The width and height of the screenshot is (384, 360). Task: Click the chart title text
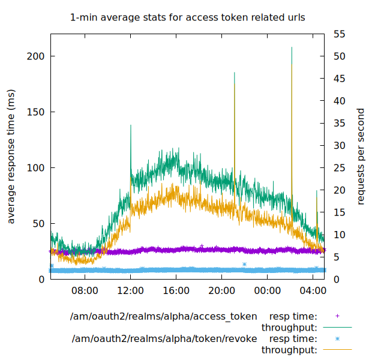(188, 17)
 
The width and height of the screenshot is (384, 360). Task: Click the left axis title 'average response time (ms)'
(11, 156)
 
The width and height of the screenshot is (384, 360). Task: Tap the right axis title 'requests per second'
(361, 156)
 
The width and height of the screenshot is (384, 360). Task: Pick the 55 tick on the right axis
(339, 34)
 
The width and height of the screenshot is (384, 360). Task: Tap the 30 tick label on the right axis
(339, 145)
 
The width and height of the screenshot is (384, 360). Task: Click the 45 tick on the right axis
(339, 78)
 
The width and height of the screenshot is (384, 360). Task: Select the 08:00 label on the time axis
(85, 291)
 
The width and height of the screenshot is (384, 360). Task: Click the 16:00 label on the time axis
(176, 291)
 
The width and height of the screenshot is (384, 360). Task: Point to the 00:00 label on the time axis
(267, 291)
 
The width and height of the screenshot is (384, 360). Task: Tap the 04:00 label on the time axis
(313, 291)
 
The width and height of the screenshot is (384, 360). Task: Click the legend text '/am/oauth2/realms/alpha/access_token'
(163, 316)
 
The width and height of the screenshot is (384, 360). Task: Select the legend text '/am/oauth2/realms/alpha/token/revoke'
(164, 339)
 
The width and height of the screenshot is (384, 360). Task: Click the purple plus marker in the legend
(337, 316)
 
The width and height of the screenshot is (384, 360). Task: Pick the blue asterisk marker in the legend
(337, 339)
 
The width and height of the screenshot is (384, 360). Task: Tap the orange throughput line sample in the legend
(337, 350)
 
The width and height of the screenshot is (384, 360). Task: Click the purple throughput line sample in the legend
(337, 328)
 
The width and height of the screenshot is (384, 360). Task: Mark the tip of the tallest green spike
(292, 47)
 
